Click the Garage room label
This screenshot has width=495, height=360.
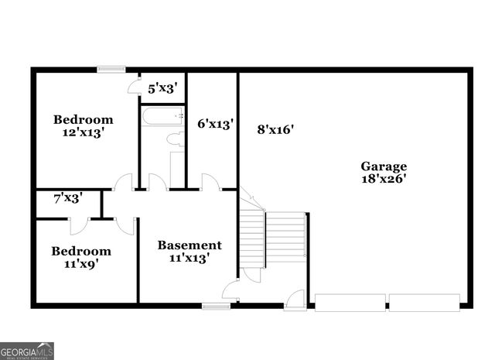(384, 166)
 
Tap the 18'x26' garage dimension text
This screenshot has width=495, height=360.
(384, 179)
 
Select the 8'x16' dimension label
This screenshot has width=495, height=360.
(275, 129)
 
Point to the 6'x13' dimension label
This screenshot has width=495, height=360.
(215, 123)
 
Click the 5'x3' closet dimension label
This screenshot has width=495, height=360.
(164, 88)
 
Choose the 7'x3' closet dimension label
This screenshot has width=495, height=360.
(68, 198)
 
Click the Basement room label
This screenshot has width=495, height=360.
(189, 245)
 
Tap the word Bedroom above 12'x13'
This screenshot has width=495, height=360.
(83, 119)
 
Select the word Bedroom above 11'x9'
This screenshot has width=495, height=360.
(81, 251)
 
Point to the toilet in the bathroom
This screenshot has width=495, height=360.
(177, 139)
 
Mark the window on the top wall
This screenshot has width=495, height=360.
(111, 69)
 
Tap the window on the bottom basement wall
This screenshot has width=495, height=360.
(217, 306)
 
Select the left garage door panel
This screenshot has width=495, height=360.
(350, 302)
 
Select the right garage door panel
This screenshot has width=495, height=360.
(425, 302)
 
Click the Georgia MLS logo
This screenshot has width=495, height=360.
(27, 351)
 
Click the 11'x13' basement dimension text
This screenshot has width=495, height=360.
(189, 259)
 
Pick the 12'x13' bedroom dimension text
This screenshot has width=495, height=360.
(83, 132)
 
